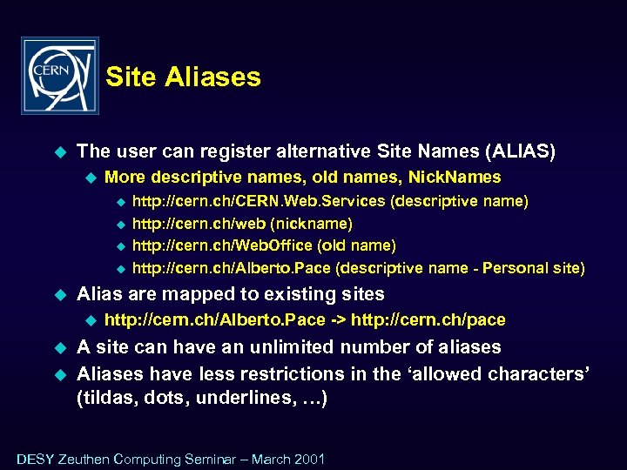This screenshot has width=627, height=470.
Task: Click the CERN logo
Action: click(59, 76)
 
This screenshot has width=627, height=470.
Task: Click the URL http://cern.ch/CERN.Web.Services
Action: click(258, 201)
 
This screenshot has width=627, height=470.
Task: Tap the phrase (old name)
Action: click(359, 246)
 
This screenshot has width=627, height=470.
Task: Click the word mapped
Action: click(186, 294)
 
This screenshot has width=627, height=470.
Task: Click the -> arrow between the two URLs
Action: click(337, 320)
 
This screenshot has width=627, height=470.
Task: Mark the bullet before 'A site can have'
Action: click(60, 348)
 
